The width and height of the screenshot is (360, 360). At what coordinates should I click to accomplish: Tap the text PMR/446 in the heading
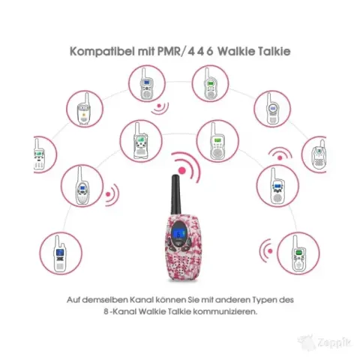pos(185,51)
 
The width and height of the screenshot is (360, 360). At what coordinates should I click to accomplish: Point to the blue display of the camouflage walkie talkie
pos(179,234)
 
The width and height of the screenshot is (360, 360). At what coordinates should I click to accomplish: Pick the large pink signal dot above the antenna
pos(182,171)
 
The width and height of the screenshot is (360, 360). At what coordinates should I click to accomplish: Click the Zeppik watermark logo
pos(325,343)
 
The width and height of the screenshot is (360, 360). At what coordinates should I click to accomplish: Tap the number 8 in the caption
pos(106,312)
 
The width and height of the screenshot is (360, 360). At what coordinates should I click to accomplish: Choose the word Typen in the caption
pos(265,300)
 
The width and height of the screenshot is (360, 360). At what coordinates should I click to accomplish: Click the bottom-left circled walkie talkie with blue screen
pos(61,253)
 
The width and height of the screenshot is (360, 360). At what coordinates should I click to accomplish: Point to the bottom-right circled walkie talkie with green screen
pos(298,253)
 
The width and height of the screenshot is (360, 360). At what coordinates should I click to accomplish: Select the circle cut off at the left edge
pos(44,154)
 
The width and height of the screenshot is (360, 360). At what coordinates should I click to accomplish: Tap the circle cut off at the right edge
pos(314,154)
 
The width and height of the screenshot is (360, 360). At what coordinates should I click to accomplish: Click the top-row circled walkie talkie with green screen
pos(210,83)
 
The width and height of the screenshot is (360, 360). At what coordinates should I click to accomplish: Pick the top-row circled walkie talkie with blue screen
pos(147,83)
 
